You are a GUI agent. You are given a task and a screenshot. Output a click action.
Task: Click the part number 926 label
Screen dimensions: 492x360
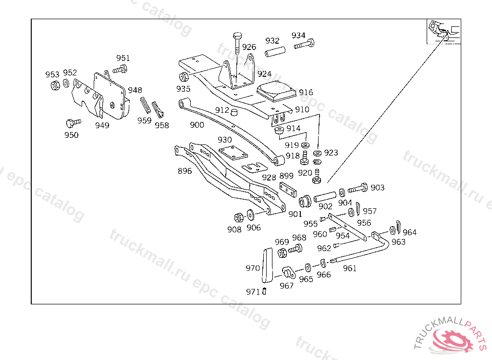coord(249,47)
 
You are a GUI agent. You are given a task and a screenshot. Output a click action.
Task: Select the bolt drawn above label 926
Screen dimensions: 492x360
coord(237,42)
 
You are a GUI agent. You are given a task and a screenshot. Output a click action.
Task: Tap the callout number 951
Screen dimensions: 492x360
coord(123,58)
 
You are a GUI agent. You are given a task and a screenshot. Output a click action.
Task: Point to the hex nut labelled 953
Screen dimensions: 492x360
coord(55,85)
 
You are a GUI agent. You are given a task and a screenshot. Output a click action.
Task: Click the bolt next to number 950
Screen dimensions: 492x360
coord(73,122)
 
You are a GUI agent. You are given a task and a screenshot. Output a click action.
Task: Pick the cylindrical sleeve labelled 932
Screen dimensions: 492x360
coord(275,51)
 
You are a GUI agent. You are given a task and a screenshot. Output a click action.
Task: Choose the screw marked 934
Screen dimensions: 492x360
coord(304,44)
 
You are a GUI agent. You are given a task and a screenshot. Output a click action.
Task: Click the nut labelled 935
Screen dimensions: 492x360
coord(184,76)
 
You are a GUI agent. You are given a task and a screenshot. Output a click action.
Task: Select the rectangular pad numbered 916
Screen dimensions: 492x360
coord(276,91)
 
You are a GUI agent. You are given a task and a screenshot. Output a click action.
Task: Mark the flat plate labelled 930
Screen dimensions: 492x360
coord(233,153)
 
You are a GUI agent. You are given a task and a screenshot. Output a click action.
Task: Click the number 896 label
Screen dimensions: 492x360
coord(184,171)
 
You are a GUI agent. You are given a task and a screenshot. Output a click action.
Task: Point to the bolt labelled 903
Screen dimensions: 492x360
coord(357,189)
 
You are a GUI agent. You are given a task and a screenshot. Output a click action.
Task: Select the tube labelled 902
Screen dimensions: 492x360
coord(325,197)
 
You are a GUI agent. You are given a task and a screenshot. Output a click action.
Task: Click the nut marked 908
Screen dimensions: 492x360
coord(238,217)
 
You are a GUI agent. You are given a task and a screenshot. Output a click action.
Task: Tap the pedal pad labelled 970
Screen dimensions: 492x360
coord(268,265)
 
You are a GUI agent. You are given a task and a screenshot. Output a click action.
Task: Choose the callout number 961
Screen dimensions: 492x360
coord(350,268)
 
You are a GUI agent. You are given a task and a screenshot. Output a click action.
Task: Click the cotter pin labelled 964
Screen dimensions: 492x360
coord(398,227)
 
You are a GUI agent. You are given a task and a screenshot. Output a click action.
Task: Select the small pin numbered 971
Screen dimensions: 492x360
coord(264,291)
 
